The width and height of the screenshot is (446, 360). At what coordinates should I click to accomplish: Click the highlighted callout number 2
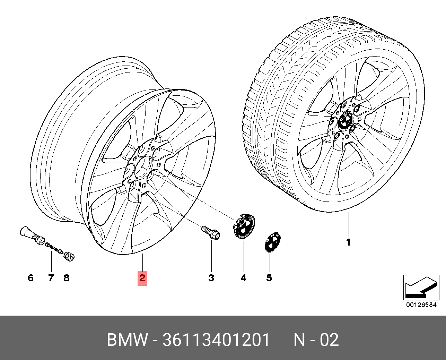pyautogui.click(x=142, y=278)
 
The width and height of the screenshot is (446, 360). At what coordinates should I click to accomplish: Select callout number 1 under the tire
pyautogui.click(x=349, y=242)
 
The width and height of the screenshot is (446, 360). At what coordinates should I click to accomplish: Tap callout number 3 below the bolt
pyautogui.click(x=211, y=278)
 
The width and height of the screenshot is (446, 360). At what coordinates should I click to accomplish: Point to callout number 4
pyautogui.click(x=243, y=278)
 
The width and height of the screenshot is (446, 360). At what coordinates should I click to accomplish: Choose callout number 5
pyautogui.click(x=269, y=278)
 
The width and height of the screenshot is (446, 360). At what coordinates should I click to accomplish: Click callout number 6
pyautogui.click(x=31, y=278)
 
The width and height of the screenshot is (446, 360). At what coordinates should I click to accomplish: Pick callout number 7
pyautogui.click(x=51, y=278)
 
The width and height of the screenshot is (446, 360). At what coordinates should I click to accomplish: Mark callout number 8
pyautogui.click(x=66, y=278)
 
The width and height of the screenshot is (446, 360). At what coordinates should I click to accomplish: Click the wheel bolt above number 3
pyautogui.click(x=211, y=232)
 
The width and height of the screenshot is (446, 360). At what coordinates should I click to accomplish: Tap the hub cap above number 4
pyautogui.click(x=244, y=226)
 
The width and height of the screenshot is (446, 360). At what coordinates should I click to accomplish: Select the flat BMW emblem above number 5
pyautogui.click(x=273, y=242)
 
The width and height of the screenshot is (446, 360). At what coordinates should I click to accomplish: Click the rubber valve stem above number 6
pyautogui.click(x=32, y=235)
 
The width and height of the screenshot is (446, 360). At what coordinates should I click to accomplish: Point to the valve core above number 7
pyautogui.click(x=54, y=248)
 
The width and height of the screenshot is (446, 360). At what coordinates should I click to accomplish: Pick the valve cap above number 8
pyautogui.click(x=69, y=257)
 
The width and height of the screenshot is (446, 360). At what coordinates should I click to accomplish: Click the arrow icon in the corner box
pyautogui.click(x=421, y=288)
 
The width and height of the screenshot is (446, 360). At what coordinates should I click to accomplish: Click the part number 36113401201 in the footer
pyautogui.click(x=216, y=340)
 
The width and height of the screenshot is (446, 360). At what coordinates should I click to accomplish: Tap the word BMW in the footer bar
pyautogui.click(x=127, y=340)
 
